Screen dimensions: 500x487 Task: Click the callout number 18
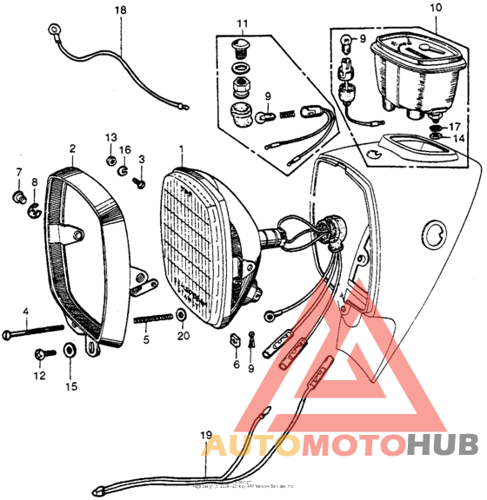[x=120, y=10]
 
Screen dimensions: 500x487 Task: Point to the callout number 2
[x=71, y=148]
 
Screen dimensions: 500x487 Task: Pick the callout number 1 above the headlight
[x=181, y=148]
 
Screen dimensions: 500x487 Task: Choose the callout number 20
[x=182, y=335]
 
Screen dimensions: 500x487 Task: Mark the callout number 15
[x=71, y=385]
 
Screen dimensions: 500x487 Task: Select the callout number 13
[x=110, y=139]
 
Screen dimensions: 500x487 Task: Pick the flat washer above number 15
[x=68, y=352]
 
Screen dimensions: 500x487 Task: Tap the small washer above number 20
[x=179, y=313]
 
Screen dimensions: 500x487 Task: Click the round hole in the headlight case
[x=432, y=232]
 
